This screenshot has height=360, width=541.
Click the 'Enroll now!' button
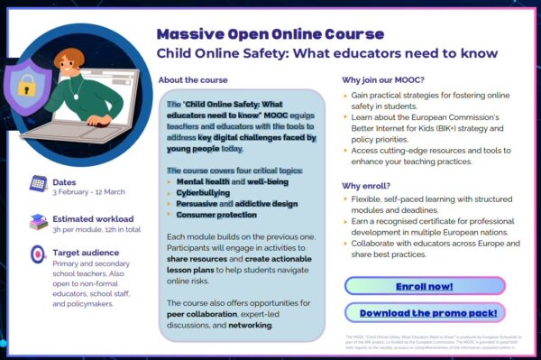point(425,286)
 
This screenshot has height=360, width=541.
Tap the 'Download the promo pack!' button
point(425,312)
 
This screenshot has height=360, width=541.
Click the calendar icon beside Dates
point(38,182)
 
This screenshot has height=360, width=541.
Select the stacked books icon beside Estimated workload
point(38,221)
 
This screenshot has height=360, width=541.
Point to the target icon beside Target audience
point(38,255)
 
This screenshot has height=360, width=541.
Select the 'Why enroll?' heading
point(366,185)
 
